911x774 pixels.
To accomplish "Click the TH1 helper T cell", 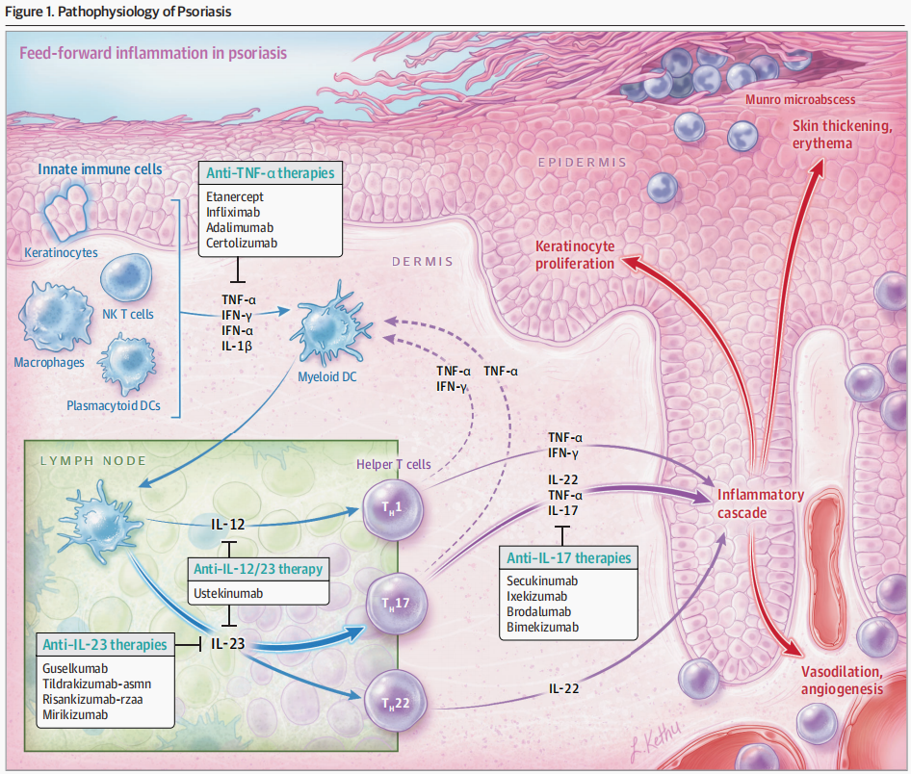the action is coord(393,509).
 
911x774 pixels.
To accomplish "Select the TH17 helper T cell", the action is coord(396,604).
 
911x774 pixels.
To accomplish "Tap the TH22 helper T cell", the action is coord(395,702).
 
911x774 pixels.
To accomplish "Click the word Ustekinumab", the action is coord(227,593).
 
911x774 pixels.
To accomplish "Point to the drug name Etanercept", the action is coord(235,196).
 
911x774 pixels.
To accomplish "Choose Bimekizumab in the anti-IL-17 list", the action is coord(542,627).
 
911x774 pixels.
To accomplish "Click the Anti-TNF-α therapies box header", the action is coord(271,173).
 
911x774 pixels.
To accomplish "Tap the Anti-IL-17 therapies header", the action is coord(568,558).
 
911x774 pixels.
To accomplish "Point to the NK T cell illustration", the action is coord(125,277).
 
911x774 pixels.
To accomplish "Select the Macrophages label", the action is coord(49,362).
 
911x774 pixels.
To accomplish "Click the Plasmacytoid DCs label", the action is coord(114,405).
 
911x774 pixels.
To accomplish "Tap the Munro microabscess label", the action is coord(800,99).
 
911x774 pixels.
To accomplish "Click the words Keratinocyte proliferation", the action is coord(575,255).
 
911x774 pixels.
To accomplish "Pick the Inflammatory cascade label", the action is coord(761,503).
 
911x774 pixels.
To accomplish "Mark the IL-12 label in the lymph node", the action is coord(227,525).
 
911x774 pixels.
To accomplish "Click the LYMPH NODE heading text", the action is coord(93,461).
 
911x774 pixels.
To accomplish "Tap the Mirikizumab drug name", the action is coord(75,714).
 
